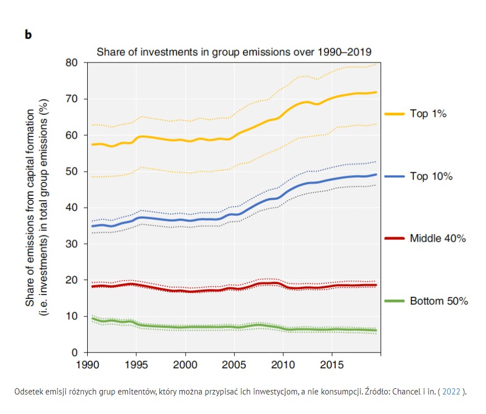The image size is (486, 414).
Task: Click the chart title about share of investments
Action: click(235, 52)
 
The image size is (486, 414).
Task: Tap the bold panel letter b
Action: click(28, 35)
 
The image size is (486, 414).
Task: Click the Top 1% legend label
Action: click(428, 114)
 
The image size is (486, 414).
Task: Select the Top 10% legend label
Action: click(431, 176)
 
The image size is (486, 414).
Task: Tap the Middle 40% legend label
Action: click(438, 238)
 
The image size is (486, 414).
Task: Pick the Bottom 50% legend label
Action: click(439, 301)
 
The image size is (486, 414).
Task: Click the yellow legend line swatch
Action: click(394, 114)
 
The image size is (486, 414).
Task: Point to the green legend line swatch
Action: click(394, 301)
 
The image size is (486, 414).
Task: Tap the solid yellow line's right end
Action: click(377, 92)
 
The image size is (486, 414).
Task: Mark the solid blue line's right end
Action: click(377, 175)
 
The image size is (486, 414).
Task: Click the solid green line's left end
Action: click(92, 318)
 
